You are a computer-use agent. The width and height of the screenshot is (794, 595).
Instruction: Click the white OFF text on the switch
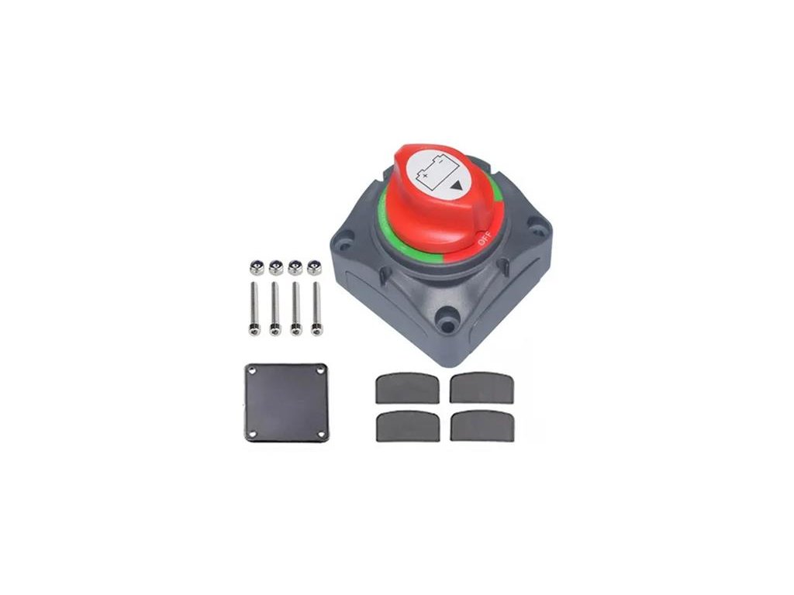[483, 239]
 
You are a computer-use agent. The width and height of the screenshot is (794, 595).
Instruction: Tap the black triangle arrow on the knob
[457, 185]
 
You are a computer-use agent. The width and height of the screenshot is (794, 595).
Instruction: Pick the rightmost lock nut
[315, 267]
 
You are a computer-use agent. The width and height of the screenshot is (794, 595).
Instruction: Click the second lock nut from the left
[275, 267]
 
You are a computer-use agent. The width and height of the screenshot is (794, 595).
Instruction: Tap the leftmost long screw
[254, 308]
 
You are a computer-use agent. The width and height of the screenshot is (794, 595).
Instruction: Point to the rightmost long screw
[316, 308]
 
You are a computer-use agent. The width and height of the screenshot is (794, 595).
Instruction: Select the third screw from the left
[295, 308]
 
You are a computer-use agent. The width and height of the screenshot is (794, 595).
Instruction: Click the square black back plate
[286, 403]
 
